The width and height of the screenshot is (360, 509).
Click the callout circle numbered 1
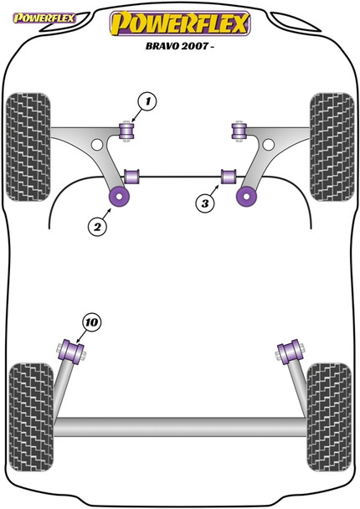[x=147, y=103]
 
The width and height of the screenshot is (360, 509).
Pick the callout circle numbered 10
[x=91, y=320]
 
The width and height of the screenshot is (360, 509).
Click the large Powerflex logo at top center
[x=180, y=23]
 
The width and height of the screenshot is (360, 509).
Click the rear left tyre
[x=28, y=399]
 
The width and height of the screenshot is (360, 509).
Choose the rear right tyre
[x=332, y=399]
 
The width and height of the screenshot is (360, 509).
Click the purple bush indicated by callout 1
[x=128, y=131]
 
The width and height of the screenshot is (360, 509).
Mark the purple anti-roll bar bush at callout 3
[x=226, y=177]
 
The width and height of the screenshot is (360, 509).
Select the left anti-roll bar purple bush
[x=131, y=177]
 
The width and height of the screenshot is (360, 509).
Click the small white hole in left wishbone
[x=97, y=146]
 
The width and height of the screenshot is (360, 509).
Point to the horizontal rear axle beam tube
[x=180, y=429]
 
